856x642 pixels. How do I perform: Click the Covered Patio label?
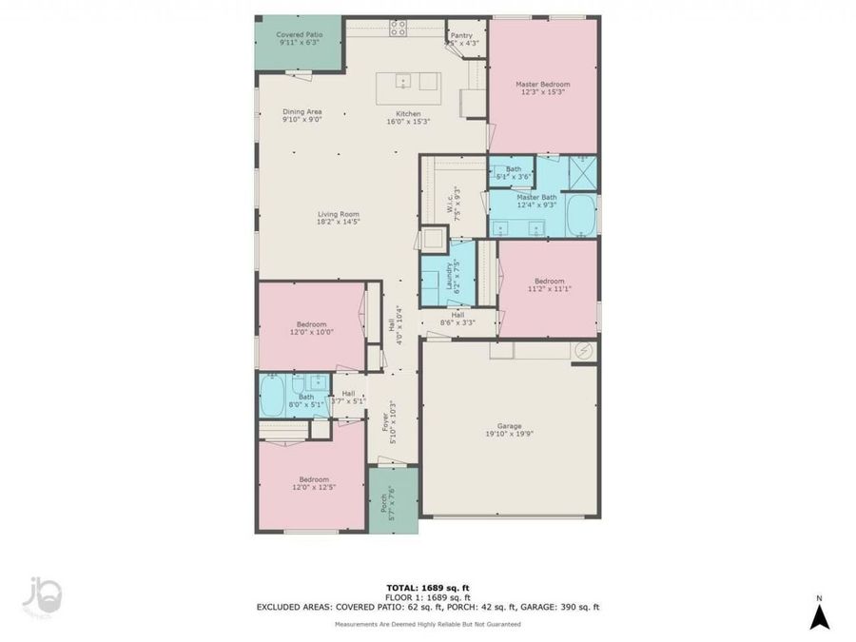point(299,35)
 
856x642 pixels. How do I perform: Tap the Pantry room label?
point(461,35)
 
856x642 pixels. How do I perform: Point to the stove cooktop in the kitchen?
point(399,28)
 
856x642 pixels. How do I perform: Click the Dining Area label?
point(302,112)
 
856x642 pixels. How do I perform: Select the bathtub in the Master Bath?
point(580,215)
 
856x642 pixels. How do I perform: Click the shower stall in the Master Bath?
point(581,171)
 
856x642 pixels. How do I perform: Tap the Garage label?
point(510,426)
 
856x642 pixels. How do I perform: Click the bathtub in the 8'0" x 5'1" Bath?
point(273,397)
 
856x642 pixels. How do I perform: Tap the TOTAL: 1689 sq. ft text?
point(428,587)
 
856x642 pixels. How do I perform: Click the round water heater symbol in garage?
point(583,351)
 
